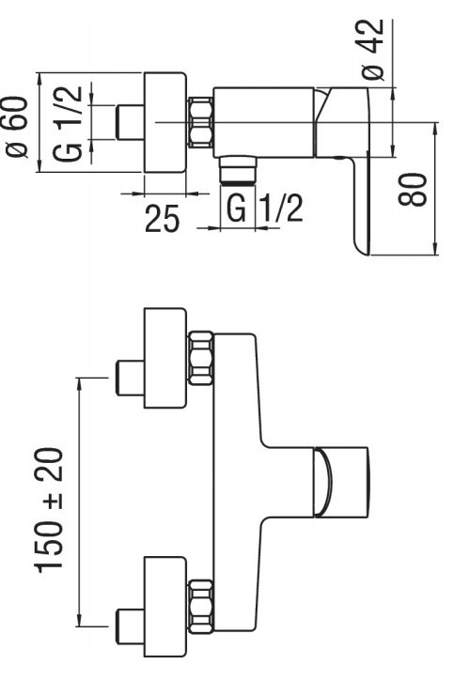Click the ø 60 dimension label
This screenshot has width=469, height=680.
click(x=17, y=127)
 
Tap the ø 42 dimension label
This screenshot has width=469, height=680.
click(x=373, y=50)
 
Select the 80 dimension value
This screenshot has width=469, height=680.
click(x=413, y=189)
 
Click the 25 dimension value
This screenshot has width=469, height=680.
click(x=163, y=218)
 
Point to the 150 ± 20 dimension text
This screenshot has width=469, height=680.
click(x=49, y=510)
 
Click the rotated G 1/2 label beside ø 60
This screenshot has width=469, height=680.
click(x=68, y=124)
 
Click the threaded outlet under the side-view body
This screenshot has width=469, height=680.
click(x=238, y=170)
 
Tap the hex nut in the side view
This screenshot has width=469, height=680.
click(x=201, y=122)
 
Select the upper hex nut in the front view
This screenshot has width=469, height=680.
click(x=201, y=358)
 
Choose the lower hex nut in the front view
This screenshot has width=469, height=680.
click(x=201, y=606)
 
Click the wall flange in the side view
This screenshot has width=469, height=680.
click(x=165, y=123)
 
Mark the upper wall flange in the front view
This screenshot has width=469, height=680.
click(x=165, y=358)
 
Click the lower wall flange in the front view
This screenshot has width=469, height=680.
click(x=165, y=607)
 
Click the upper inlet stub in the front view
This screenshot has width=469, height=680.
click(x=130, y=379)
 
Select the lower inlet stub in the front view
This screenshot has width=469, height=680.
click(x=130, y=626)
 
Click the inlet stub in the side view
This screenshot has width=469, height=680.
click(x=130, y=123)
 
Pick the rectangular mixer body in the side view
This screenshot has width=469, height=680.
click(x=264, y=122)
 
